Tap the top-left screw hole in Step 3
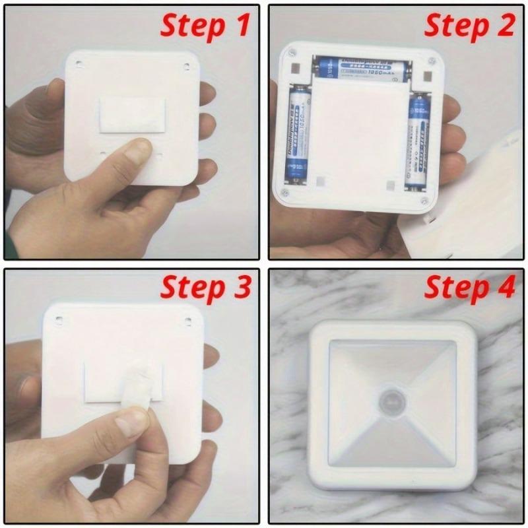pyautogui.click(x=59, y=321)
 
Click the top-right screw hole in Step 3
pyautogui.click(x=187, y=321)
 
